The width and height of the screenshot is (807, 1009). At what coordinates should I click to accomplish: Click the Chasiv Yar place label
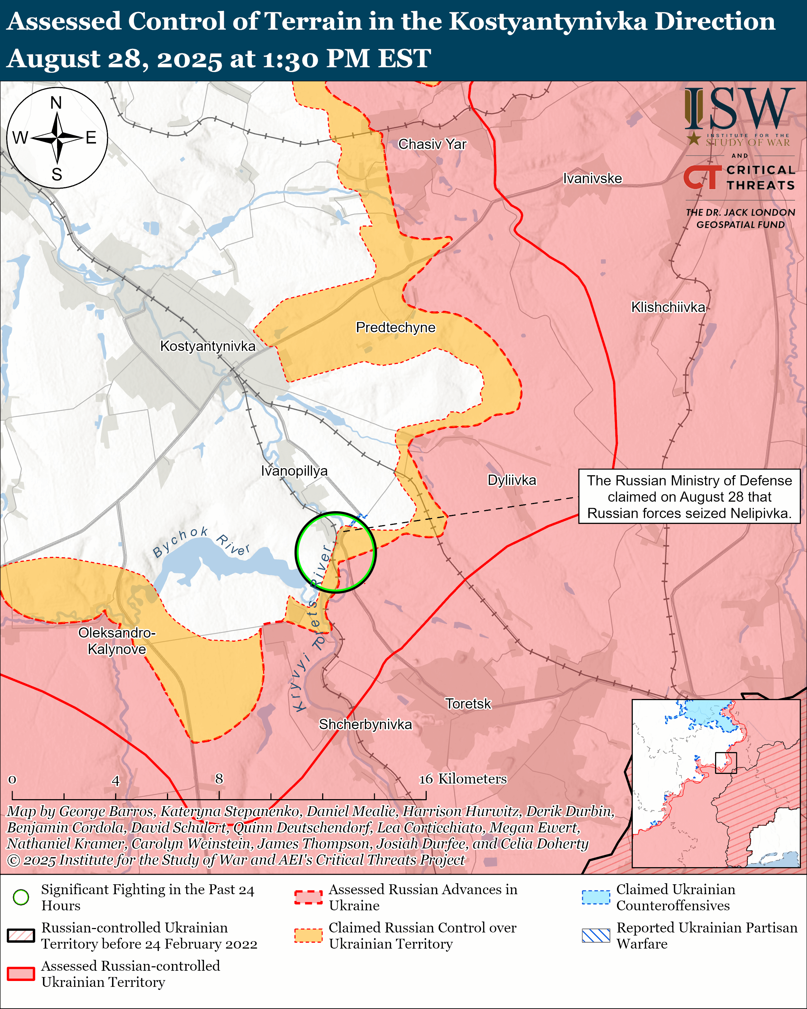point(432,144)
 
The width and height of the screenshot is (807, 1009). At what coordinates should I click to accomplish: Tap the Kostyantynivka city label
point(208,346)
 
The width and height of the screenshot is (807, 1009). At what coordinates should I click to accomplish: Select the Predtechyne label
point(395,328)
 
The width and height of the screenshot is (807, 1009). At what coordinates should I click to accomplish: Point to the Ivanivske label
point(592,178)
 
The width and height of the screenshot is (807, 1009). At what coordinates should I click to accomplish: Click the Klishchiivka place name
point(668,308)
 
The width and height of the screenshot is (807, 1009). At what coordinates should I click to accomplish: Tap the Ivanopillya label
point(294,471)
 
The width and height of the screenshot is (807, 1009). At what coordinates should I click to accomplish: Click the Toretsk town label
point(468,704)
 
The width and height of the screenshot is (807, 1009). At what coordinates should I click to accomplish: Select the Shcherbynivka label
point(365,724)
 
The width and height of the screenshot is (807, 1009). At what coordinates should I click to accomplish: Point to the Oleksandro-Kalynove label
point(117,641)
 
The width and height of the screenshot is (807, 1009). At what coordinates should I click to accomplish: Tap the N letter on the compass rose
point(56,103)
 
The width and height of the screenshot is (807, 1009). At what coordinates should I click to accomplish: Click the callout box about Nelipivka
point(689,496)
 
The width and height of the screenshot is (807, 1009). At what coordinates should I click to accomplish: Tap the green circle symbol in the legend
point(21,897)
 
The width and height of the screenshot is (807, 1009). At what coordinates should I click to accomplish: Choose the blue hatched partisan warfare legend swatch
point(596,936)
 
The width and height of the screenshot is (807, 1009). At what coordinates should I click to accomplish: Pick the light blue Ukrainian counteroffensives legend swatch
point(596,897)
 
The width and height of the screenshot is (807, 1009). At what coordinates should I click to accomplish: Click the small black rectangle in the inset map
point(726,763)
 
